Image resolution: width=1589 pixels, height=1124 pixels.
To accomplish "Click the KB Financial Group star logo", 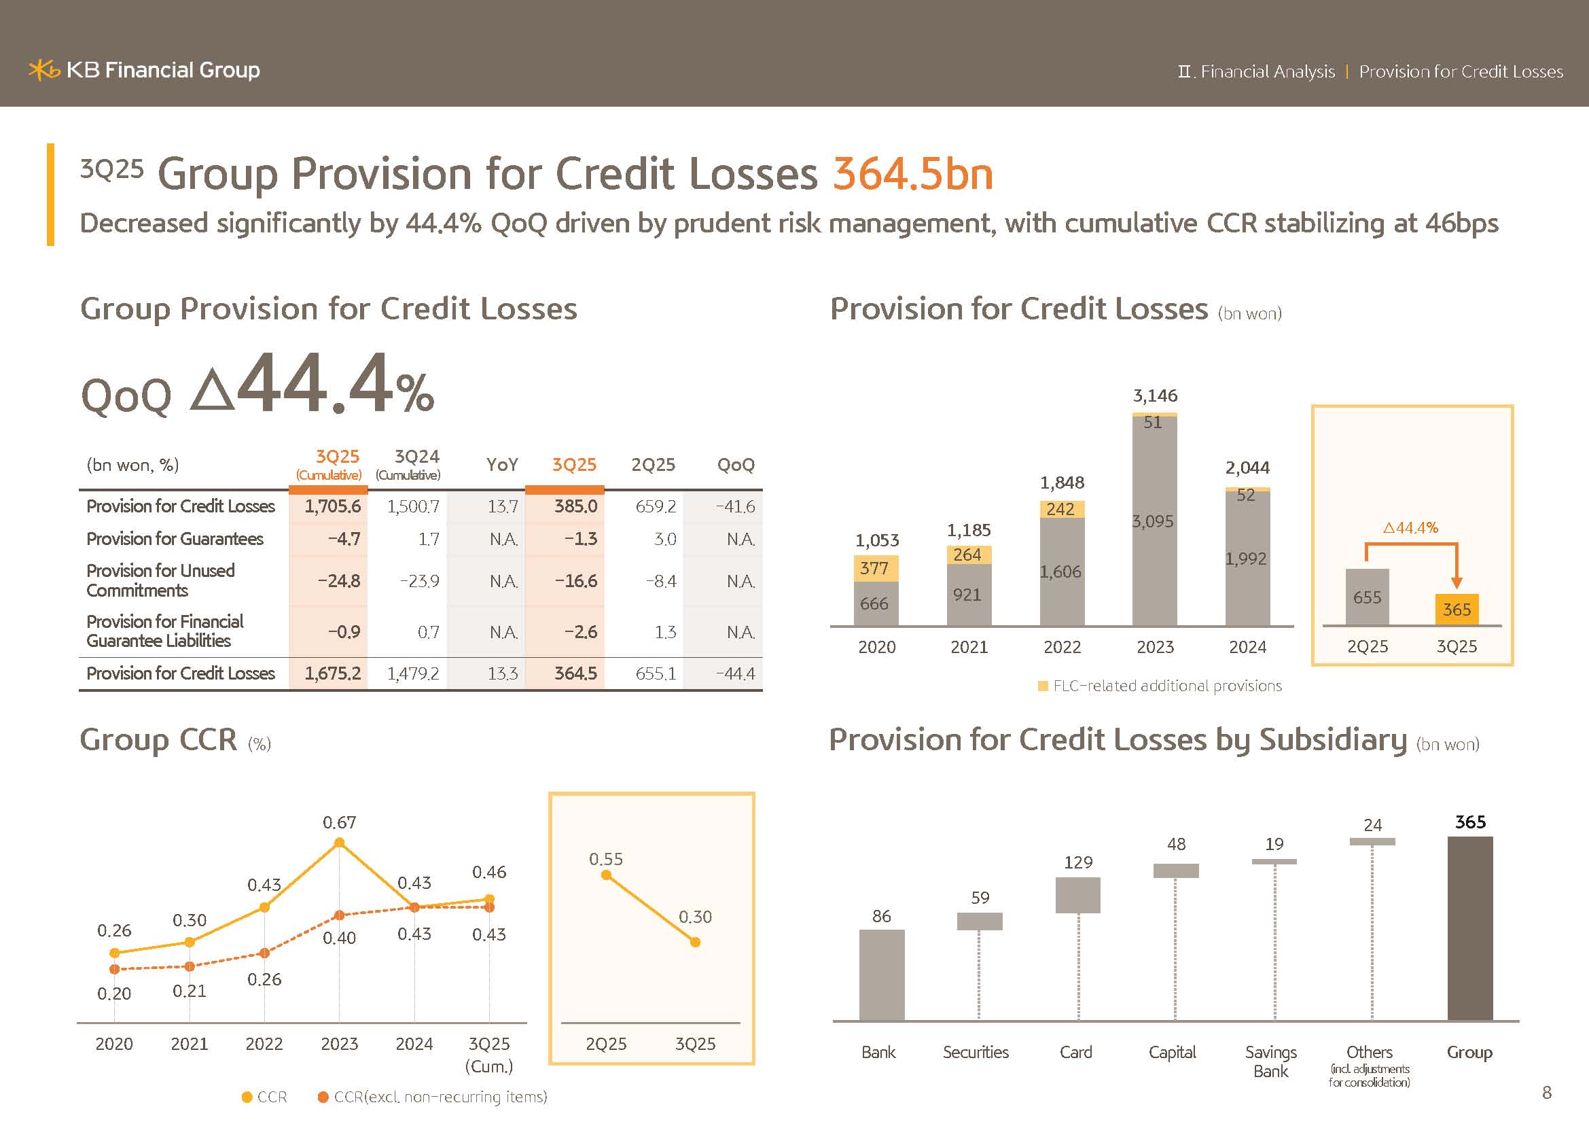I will (x=43, y=70).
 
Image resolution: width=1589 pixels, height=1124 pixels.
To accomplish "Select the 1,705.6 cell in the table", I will (x=332, y=507).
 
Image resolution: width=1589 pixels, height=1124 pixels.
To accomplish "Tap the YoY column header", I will (x=502, y=464).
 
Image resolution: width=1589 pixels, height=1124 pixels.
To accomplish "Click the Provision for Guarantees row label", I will (x=175, y=539).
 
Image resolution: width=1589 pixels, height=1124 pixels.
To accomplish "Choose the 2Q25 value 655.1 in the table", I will (x=656, y=673).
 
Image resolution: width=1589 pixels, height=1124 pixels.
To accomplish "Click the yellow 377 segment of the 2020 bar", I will (x=876, y=569).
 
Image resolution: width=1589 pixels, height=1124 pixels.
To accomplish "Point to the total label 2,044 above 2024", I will (x=1247, y=468).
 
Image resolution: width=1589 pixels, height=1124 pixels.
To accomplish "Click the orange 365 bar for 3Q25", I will (x=1456, y=610).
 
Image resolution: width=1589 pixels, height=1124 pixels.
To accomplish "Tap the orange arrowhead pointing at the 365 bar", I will (x=1456, y=583).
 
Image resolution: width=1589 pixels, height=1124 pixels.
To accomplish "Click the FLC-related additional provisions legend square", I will (x=1043, y=686).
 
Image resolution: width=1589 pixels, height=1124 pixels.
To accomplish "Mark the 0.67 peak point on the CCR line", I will (x=339, y=842).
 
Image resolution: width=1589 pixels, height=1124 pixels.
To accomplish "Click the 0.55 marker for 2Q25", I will (x=606, y=875).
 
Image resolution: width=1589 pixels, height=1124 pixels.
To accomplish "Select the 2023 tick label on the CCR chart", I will (x=339, y=1044).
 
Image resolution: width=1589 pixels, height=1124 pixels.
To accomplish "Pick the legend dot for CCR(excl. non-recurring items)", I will (x=323, y=1097).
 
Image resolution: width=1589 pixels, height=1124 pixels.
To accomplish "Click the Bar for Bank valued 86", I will (x=882, y=974).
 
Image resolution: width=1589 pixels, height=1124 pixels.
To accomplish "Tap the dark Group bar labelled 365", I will (x=1470, y=928).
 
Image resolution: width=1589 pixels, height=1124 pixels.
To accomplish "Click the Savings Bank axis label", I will (x=1270, y=1061).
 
